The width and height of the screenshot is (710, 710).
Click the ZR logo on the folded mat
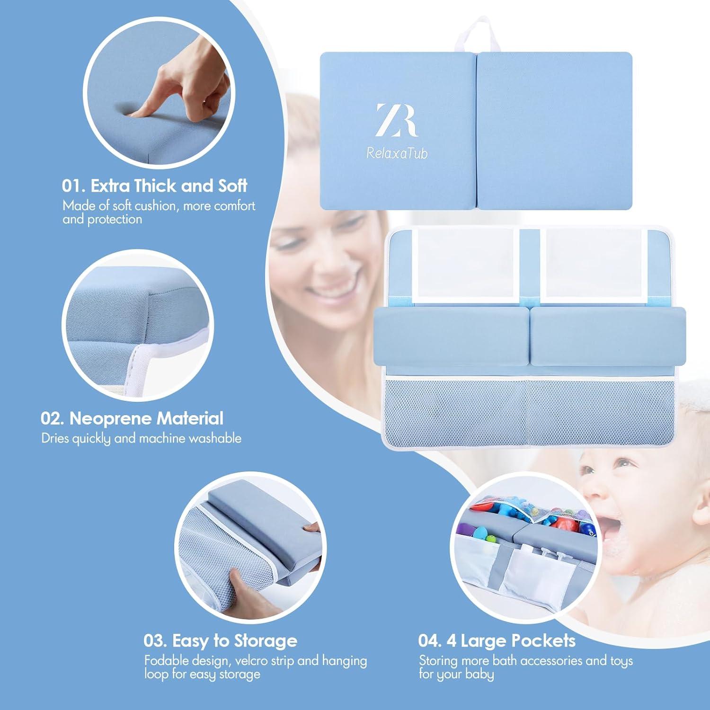(397, 120)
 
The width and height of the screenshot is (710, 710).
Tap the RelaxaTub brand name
(397, 153)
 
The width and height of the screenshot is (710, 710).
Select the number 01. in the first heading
(73, 186)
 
